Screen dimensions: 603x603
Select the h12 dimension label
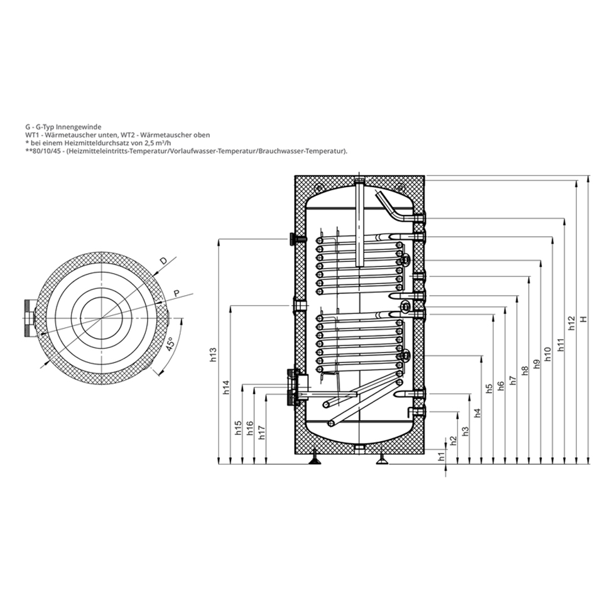(x=571, y=322)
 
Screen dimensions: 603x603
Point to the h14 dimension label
(x=226, y=388)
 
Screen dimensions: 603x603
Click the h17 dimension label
(x=262, y=433)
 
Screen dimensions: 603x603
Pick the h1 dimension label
(x=441, y=457)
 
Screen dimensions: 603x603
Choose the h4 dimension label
(x=477, y=413)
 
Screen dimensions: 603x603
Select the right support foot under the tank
(x=381, y=462)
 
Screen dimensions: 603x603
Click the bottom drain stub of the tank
(x=359, y=448)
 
